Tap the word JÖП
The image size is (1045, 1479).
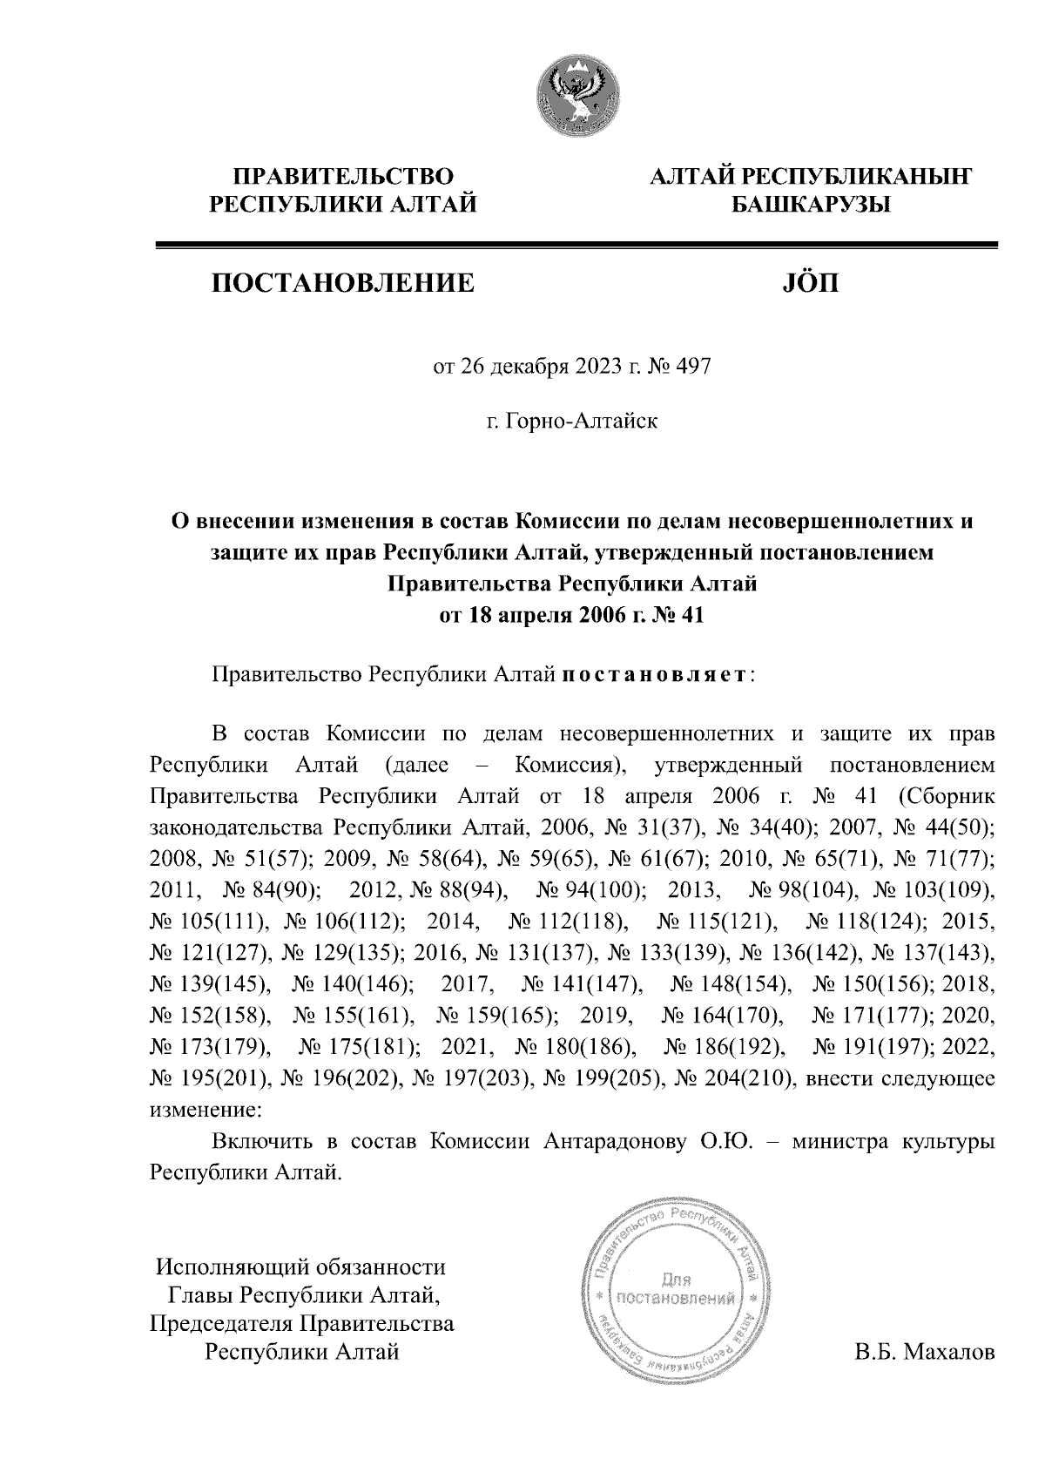(x=806, y=283)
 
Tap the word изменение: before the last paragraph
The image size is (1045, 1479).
(x=206, y=1111)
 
